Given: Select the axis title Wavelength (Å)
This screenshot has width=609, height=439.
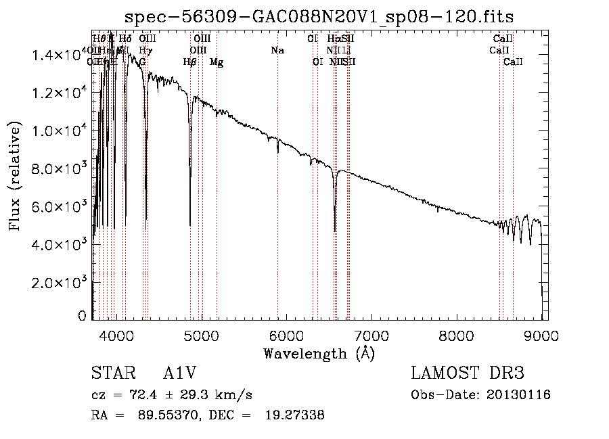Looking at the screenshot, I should (x=319, y=353).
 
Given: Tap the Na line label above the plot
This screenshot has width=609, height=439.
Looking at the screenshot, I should (x=277, y=51).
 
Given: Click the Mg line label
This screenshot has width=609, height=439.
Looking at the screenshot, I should (x=217, y=62).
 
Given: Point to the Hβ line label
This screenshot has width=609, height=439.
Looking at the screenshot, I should (x=190, y=62).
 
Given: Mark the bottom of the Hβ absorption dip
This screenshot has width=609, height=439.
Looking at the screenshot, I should (x=190, y=225).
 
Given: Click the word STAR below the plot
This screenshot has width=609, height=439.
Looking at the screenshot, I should (x=112, y=373).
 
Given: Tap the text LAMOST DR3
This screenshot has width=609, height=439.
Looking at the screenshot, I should (x=467, y=373).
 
